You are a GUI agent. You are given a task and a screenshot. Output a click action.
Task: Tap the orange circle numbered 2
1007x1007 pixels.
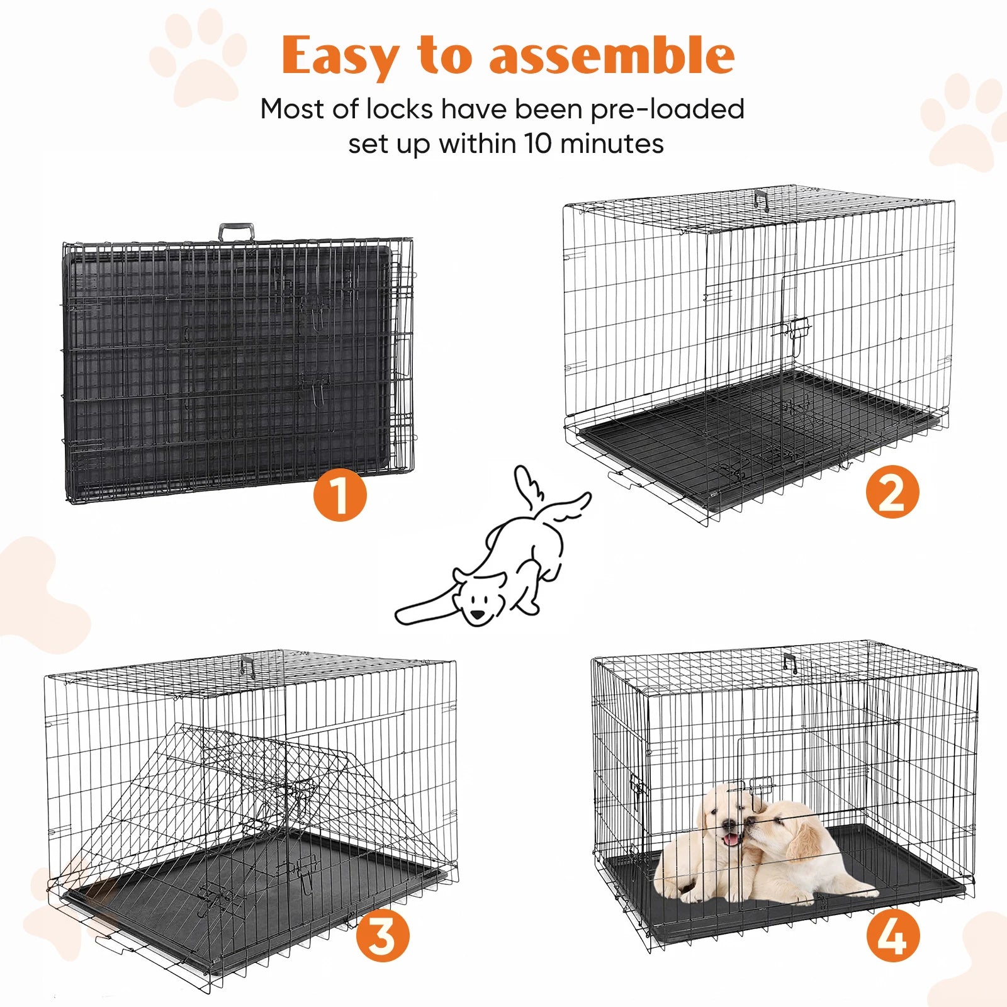pos(892,493)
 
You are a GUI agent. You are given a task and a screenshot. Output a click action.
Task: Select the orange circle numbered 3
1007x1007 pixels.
pos(383,936)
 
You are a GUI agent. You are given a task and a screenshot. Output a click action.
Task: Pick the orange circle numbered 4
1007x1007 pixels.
pos(892,936)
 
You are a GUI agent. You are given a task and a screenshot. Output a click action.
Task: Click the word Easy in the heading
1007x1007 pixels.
pos(340,57)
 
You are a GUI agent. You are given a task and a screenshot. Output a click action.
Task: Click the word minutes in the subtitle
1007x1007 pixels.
pos(612,143)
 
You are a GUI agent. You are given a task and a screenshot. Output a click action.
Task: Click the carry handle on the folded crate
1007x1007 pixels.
pos(237,232)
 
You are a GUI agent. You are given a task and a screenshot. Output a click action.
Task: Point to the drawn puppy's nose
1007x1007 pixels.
pos(478,614)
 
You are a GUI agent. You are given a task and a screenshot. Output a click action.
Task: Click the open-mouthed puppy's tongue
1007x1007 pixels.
pos(731,839)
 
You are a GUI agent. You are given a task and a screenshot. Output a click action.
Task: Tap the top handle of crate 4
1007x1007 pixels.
pos(790,663)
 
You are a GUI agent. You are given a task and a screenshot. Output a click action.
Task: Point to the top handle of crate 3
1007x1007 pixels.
pos(247,665)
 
